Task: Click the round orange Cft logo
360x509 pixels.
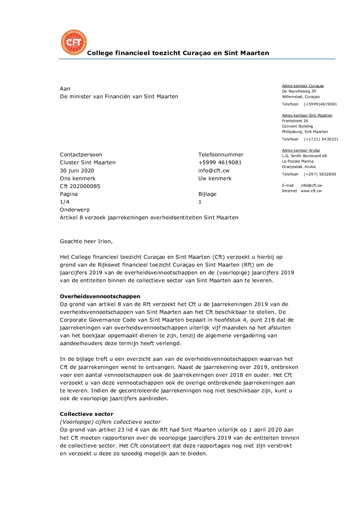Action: tap(73, 42)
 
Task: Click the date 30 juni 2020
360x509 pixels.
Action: tap(77, 170)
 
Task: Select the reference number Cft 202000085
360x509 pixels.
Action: tap(80, 186)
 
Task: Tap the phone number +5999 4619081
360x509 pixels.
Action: tap(220, 163)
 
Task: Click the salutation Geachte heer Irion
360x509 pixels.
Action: tap(86, 241)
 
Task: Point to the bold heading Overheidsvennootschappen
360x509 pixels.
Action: tap(100, 296)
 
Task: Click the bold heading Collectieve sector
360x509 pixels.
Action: tap(86, 414)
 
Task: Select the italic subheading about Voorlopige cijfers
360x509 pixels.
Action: tap(110, 422)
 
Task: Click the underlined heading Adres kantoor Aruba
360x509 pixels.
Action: tap(301, 150)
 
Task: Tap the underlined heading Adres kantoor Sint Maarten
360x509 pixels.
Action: tap(307, 115)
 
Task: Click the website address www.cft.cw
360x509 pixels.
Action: tap(311, 191)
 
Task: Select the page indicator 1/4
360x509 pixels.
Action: tap(65, 202)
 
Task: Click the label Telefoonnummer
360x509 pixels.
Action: tap(221, 155)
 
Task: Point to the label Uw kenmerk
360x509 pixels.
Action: tap(215, 178)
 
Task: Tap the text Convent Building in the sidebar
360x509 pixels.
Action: tap(297, 126)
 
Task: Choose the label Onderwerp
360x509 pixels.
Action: tap(75, 210)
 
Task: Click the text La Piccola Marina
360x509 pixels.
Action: tap(298, 161)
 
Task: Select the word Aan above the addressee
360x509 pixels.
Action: tap(65, 89)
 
